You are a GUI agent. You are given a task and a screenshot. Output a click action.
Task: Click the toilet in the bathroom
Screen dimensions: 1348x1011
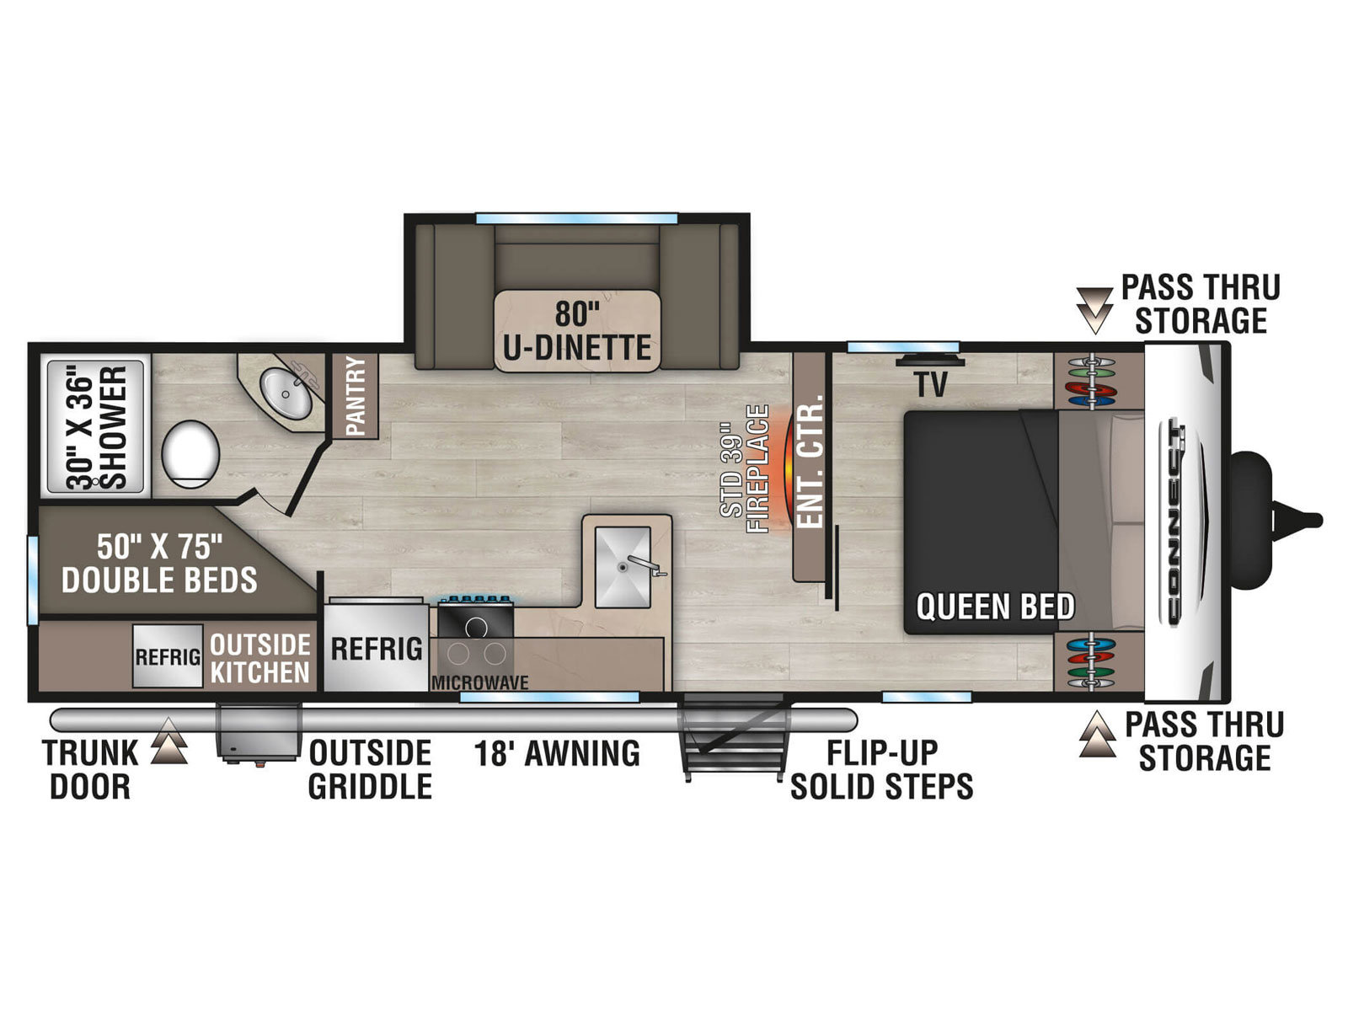[190, 454]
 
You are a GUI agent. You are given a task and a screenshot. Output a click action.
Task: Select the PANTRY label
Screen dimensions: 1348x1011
[356, 396]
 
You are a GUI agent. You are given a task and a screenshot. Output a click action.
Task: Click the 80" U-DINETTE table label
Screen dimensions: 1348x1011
[576, 331]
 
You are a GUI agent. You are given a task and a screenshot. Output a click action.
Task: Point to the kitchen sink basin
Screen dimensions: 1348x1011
[623, 566]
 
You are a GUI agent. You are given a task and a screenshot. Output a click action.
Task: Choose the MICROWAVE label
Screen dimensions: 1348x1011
[479, 682]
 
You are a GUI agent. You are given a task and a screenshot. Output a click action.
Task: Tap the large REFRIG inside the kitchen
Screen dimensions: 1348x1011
[376, 648]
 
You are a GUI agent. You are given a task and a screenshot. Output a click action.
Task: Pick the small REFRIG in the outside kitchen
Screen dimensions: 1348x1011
[168, 656]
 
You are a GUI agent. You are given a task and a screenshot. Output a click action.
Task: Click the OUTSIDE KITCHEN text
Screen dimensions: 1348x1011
[260, 659]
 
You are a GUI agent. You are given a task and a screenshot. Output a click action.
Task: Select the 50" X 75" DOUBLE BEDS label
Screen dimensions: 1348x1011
[160, 563]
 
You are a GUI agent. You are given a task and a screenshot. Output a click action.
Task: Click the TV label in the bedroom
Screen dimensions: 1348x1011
[931, 384]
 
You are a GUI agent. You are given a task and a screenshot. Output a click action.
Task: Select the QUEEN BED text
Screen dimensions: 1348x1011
[996, 607]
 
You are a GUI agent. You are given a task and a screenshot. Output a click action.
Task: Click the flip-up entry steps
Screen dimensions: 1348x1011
[734, 736]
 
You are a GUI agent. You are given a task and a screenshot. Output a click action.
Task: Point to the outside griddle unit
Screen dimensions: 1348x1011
[259, 734]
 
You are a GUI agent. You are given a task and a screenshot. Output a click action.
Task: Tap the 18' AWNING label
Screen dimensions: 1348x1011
[557, 753]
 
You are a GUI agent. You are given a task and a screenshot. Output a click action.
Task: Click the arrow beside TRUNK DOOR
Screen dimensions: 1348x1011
[168, 741]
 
